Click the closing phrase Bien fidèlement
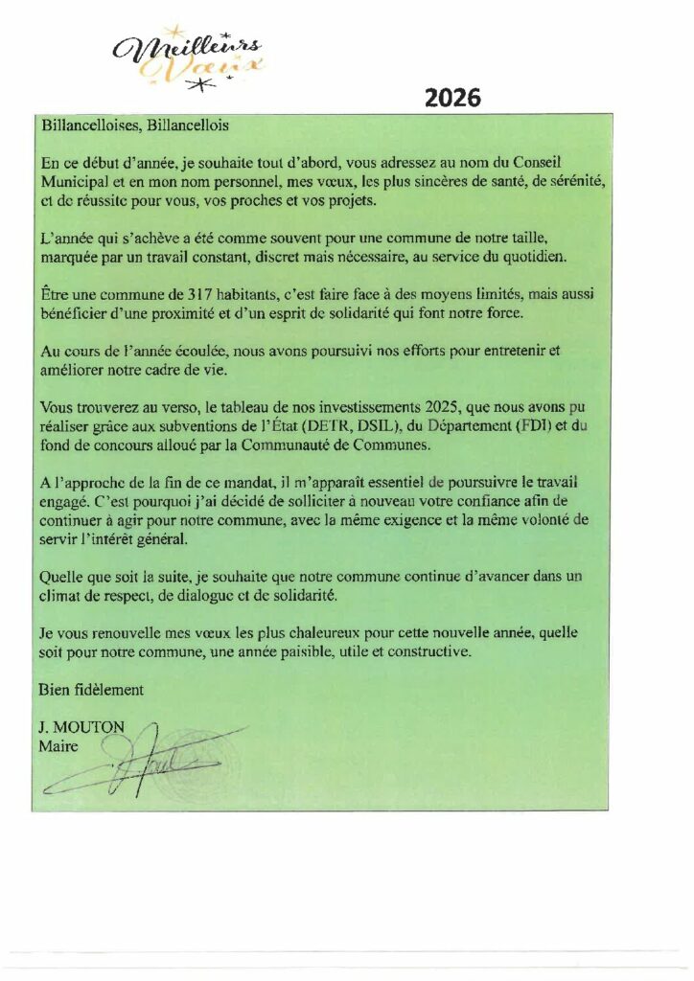click(91, 690)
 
